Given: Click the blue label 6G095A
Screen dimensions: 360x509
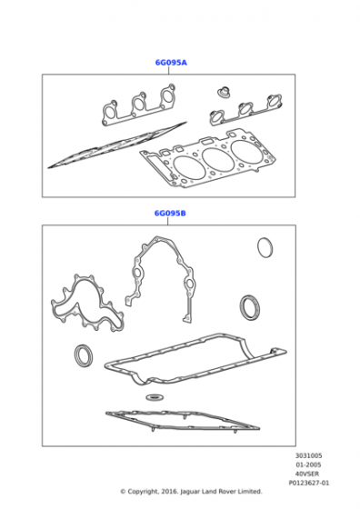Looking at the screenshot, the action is pos(171,63).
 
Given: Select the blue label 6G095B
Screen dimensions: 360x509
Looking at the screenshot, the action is pos(170,214).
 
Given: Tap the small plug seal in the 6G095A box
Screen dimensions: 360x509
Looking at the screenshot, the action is pos(223,92).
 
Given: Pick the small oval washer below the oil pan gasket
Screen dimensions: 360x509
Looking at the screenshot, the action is pos(154,396).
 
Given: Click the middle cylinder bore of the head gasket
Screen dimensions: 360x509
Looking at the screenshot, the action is pos(215,159).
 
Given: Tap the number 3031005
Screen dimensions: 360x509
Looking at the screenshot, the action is pos(308,455).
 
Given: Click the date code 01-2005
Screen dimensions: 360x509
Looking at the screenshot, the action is pos(308,464).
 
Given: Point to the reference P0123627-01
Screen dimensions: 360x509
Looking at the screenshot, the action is pos(309,484).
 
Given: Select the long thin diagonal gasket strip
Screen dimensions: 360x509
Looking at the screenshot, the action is pos(117,145).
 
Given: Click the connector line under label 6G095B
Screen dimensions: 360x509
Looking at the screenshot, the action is pos(168,222).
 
